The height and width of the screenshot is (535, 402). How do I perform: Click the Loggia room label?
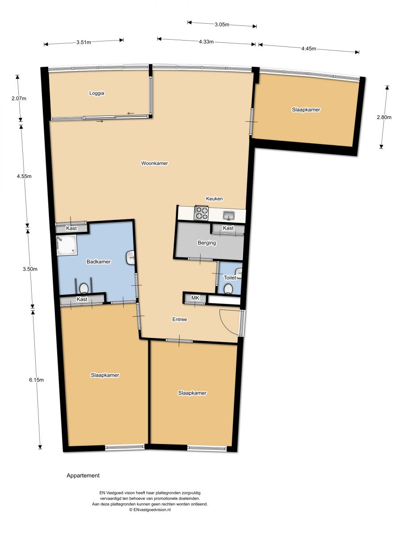96,93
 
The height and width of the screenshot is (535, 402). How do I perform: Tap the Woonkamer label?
155,163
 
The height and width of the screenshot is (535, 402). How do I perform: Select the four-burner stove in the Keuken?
201,213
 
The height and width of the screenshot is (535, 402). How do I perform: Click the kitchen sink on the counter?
229,215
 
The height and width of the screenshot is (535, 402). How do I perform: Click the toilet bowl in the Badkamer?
84,288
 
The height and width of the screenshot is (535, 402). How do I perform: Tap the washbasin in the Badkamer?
131,258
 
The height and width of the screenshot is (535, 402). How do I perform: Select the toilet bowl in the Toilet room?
228,289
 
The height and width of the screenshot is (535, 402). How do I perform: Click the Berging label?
207,243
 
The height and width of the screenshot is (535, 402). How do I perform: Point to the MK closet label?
195,298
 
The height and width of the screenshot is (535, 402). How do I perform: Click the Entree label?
180,319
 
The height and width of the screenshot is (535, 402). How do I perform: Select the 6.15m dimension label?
36,380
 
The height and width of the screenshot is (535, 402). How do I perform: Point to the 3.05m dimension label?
222,25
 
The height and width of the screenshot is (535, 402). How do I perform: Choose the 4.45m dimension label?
309,49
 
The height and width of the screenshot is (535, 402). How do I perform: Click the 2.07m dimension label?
19,99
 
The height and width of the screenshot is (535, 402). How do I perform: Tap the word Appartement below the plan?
83,476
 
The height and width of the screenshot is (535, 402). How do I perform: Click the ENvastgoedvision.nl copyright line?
150,510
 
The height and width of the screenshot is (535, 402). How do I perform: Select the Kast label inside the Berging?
228,228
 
